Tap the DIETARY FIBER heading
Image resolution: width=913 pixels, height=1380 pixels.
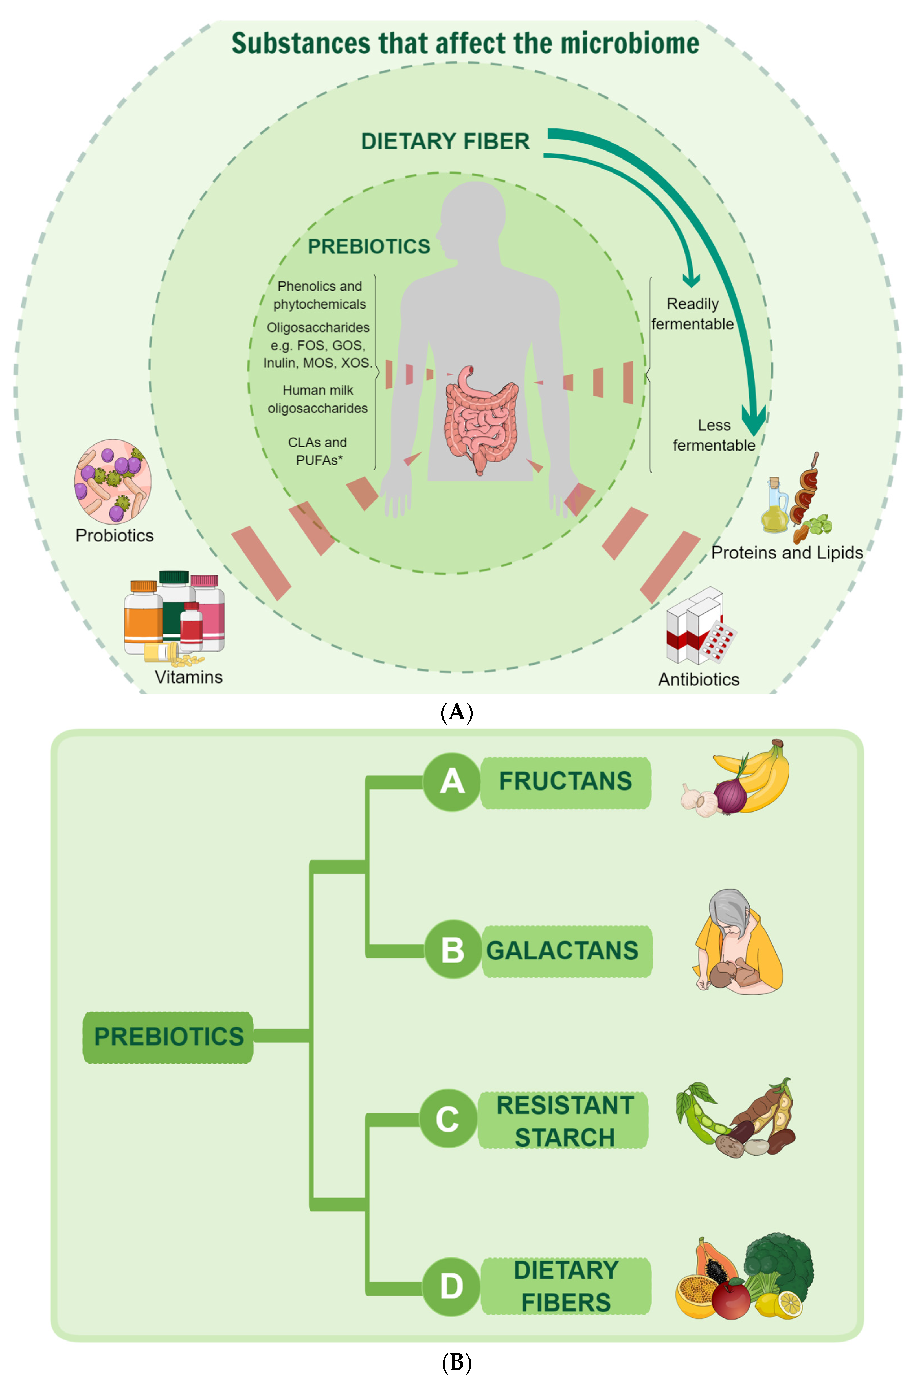(445, 141)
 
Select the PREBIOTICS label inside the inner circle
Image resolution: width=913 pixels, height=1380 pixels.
(368, 246)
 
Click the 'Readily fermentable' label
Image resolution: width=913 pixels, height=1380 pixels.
(692, 314)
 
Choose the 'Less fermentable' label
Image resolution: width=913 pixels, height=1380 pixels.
(714, 435)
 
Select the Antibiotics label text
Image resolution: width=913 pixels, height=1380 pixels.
(699, 679)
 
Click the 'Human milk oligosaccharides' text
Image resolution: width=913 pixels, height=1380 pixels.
(318, 399)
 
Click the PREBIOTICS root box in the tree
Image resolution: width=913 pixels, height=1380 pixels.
(168, 1037)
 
